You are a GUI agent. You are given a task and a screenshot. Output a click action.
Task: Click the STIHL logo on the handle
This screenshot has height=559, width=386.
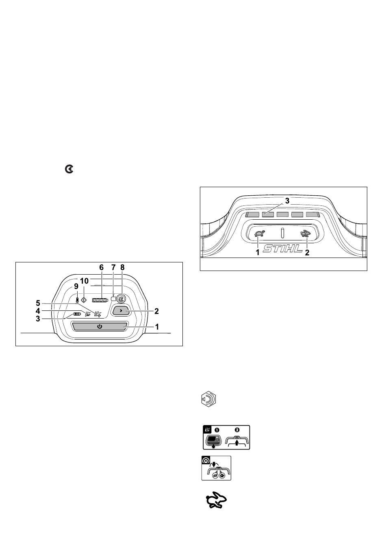pos(282,248)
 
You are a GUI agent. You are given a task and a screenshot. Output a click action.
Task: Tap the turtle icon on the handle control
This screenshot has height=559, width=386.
pos(259,234)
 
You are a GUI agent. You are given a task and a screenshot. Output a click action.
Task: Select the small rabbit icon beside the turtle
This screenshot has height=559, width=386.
pos(305,234)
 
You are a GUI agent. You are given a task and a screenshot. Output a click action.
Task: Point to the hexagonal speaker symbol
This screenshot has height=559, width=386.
pos(208,400)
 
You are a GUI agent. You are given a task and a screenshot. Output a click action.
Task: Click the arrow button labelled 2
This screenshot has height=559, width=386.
pos(121,311)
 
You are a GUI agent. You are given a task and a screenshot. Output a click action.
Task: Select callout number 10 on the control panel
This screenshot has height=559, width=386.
pos(84,281)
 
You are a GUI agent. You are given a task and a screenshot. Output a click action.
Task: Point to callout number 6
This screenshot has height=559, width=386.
pos(101,268)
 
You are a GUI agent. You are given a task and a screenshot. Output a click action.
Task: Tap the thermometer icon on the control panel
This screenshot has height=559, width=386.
pos(77,300)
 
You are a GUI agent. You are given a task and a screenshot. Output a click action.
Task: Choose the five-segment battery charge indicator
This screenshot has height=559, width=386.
pos(100,300)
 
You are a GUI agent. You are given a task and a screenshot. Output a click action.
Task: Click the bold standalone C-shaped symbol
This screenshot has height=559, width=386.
pos(69,169)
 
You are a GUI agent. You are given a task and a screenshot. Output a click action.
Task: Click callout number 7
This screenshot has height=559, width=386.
pos(113,268)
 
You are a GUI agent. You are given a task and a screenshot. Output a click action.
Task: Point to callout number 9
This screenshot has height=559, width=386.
pos(76,286)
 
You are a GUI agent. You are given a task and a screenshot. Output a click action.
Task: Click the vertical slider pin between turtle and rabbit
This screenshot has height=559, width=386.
pos(282,233)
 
